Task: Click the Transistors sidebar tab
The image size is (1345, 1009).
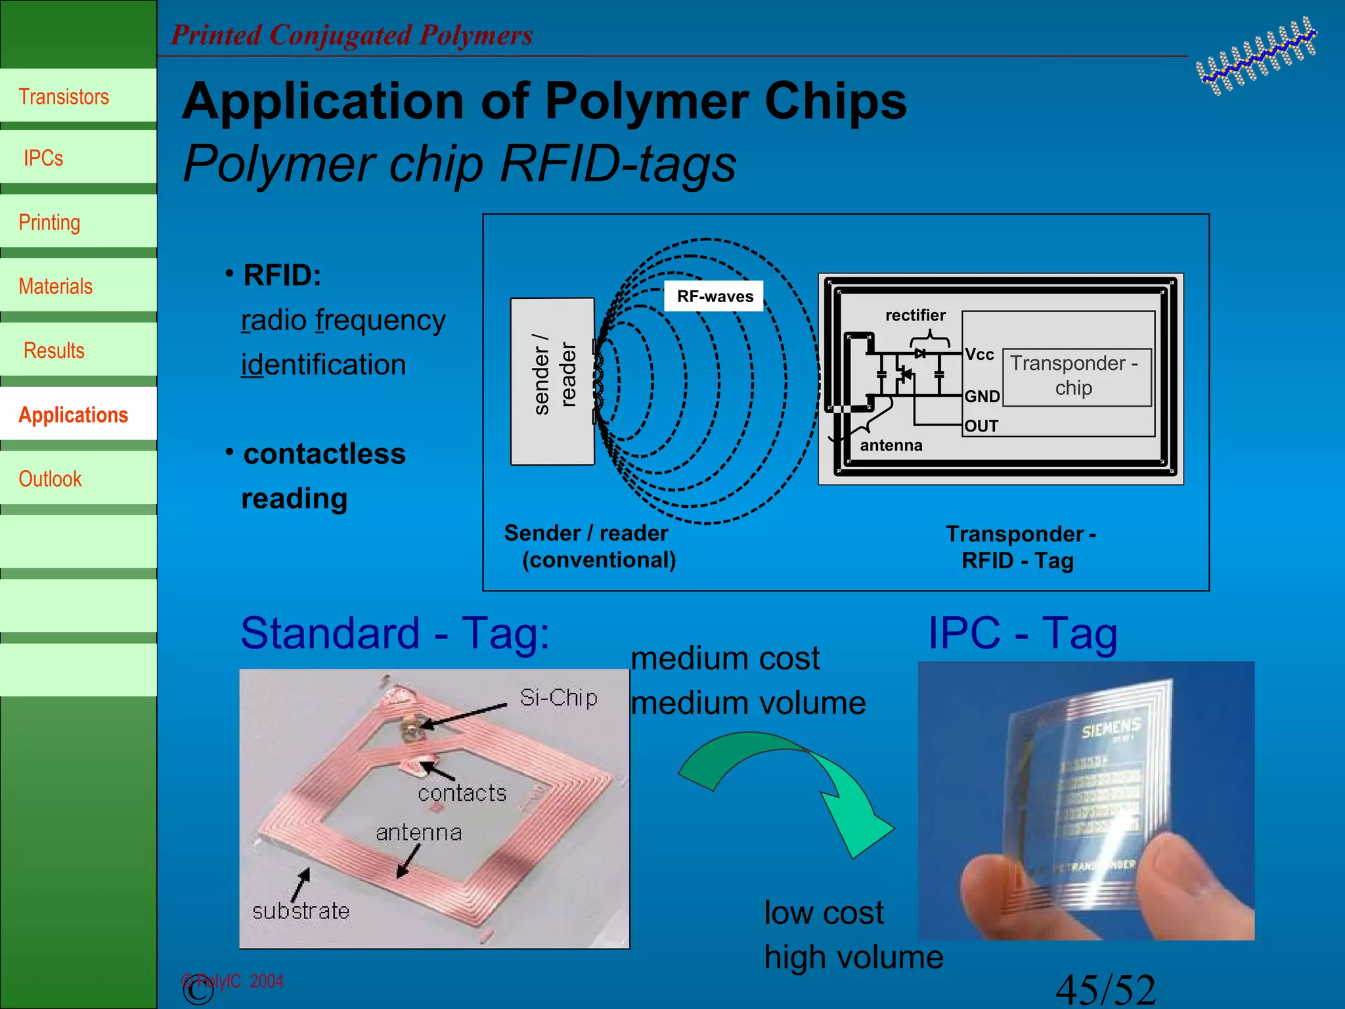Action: pyautogui.click(x=64, y=97)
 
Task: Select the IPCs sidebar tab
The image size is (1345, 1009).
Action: pyautogui.click(x=43, y=158)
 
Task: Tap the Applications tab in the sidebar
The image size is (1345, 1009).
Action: pyautogui.click(x=73, y=415)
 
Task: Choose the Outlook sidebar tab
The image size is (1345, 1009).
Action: pyautogui.click(x=50, y=479)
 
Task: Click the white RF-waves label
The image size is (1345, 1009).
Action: pyautogui.click(x=715, y=296)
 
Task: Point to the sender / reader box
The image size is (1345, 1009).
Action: pyautogui.click(x=552, y=381)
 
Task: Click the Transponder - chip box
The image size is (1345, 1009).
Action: pyautogui.click(x=1076, y=376)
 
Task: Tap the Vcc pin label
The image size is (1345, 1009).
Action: pyautogui.click(x=979, y=355)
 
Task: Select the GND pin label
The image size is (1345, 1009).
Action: pyautogui.click(x=982, y=397)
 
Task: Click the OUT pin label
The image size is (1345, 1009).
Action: pyautogui.click(x=981, y=426)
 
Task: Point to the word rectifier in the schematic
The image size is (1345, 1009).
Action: pyautogui.click(x=915, y=315)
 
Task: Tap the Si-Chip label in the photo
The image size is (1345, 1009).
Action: pyautogui.click(x=558, y=698)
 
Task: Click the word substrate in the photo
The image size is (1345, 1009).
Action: pyautogui.click(x=301, y=911)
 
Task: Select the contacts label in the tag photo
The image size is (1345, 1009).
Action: pyautogui.click(x=462, y=794)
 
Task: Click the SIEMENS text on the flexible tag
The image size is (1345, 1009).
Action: pyautogui.click(x=1111, y=727)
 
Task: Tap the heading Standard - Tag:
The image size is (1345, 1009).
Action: pyautogui.click(x=395, y=634)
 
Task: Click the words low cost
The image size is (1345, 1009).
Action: pyautogui.click(x=824, y=913)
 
